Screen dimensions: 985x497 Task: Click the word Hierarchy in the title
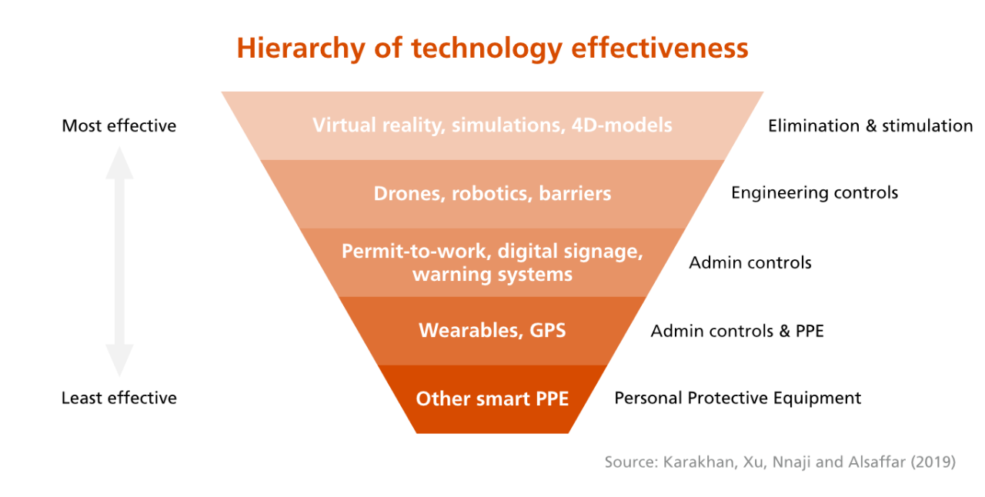click(x=301, y=48)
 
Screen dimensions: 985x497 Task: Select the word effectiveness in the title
click(x=659, y=48)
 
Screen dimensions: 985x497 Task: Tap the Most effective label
click(x=119, y=126)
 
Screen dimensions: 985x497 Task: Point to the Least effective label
click(x=119, y=398)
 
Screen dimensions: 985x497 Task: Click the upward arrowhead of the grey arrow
click(x=119, y=163)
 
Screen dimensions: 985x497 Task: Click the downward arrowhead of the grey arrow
click(x=119, y=361)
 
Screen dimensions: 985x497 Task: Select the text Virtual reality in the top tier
click(x=377, y=125)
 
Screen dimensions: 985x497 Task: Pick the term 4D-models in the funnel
click(x=622, y=125)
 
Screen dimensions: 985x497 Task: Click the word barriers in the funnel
click(x=575, y=194)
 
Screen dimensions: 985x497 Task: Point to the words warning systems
click(x=492, y=275)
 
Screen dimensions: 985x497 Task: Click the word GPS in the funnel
click(x=547, y=330)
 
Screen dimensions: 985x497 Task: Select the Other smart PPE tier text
click(x=492, y=399)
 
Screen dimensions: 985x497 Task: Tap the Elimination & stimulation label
click(x=870, y=126)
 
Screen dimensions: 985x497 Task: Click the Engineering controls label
click(x=814, y=193)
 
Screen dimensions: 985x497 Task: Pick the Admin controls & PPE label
click(x=737, y=331)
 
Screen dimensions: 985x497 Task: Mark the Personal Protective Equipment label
click(x=737, y=399)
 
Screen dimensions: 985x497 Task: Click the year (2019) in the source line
click(x=933, y=462)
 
